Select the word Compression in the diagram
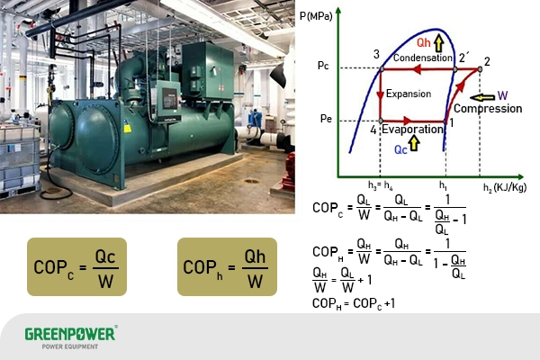tap(488, 109)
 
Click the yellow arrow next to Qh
tap(438, 41)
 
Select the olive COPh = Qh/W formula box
tap(226, 266)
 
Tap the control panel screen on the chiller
tap(167, 98)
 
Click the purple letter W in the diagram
tap(502, 95)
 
